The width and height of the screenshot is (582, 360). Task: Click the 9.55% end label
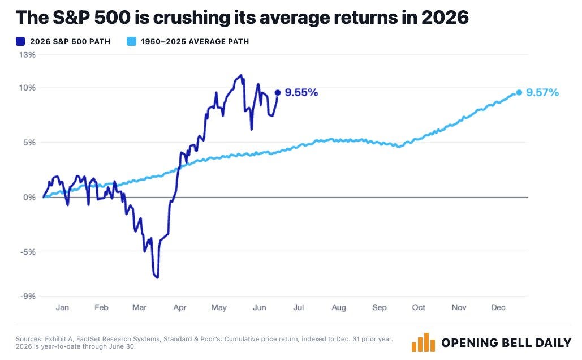pyautogui.click(x=301, y=92)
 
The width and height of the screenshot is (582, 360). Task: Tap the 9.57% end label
pyautogui.click(x=542, y=92)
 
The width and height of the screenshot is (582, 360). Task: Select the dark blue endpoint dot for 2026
pyautogui.click(x=278, y=92)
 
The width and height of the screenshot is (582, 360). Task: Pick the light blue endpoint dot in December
pyautogui.click(x=519, y=92)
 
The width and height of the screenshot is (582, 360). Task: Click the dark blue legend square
pyautogui.click(x=20, y=41)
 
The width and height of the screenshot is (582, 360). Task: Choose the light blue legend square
pyautogui.click(x=131, y=41)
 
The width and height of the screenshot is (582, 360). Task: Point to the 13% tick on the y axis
pyautogui.click(x=28, y=55)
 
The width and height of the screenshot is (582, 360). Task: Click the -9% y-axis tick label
pyautogui.click(x=28, y=297)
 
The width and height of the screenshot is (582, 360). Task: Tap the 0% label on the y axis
pyautogui.click(x=29, y=198)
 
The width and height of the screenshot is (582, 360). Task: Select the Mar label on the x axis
pyautogui.click(x=140, y=307)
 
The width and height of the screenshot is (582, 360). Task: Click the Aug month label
pyautogui.click(x=339, y=308)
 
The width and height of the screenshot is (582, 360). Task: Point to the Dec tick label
pyautogui.click(x=498, y=307)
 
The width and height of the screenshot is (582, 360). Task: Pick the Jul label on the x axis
pyautogui.click(x=299, y=307)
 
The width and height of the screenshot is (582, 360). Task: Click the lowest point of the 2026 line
pyautogui.click(x=157, y=277)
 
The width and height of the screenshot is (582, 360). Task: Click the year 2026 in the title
pyautogui.click(x=445, y=18)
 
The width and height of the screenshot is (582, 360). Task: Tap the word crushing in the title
pyautogui.click(x=192, y=18)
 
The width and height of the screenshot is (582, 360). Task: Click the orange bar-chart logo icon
pyautogui.click(x=423, y=342)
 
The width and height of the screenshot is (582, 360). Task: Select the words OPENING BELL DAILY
pyautogui.click(x=506, y=342)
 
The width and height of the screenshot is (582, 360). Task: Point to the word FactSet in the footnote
pyautogui.click(x=88, y=339)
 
